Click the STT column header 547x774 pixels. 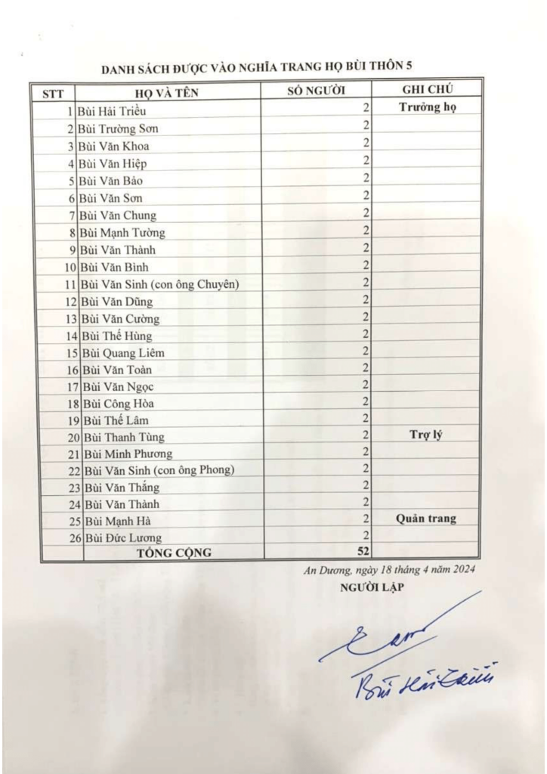tap(52, 93)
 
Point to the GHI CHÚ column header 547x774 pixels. tap(428, 89)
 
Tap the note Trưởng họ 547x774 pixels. tap(428, 107)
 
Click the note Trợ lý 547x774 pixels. tap(427, 434)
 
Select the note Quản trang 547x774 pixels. tap(427, 519)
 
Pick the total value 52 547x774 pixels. tap(363, 550)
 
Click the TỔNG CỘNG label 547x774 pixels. tap(174, 553)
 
